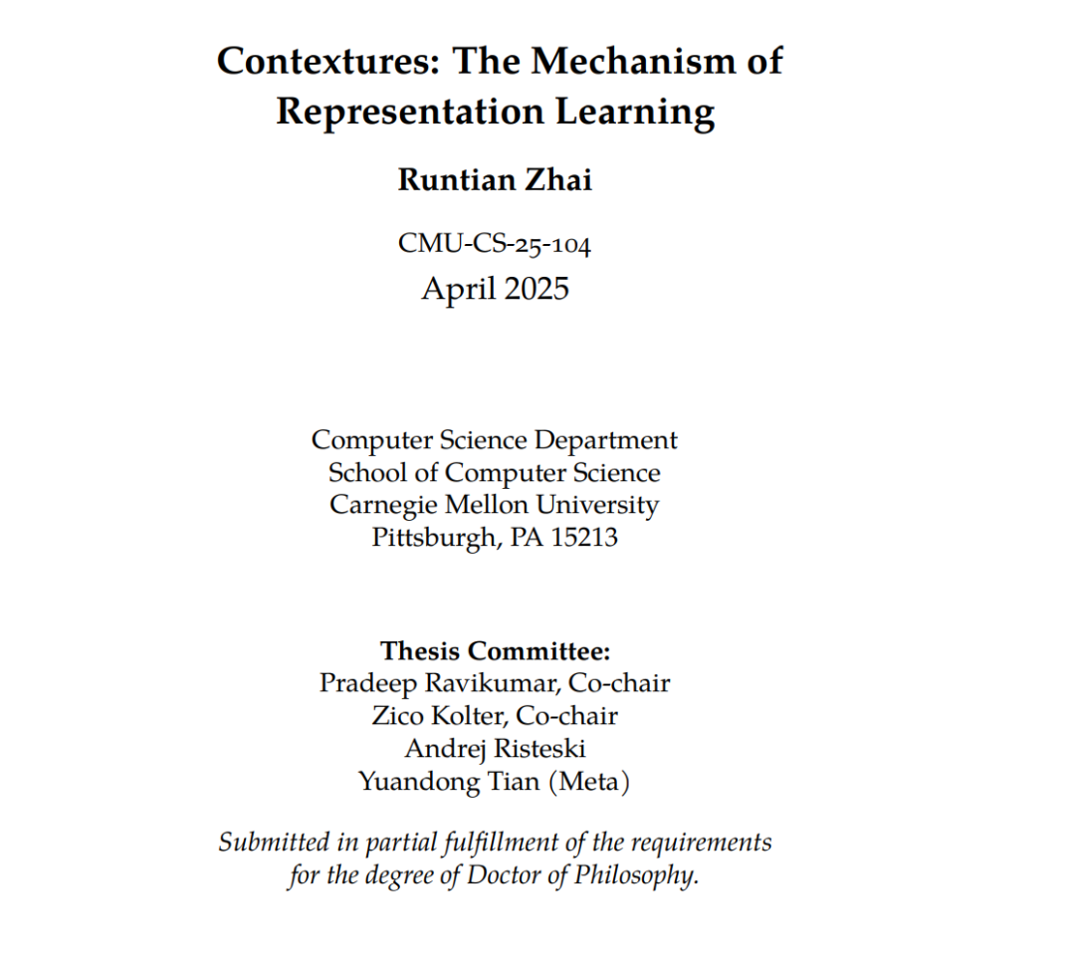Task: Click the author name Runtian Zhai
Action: click(495, 180)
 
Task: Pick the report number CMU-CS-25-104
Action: click(495, 244)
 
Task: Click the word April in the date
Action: click(457, 289)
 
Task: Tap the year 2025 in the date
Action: click(536, 289)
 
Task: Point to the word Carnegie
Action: click(379, 505)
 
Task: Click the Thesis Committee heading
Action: click(495, 652)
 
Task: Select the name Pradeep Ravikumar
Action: click(428, 683)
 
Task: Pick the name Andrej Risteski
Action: click(495, 749)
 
